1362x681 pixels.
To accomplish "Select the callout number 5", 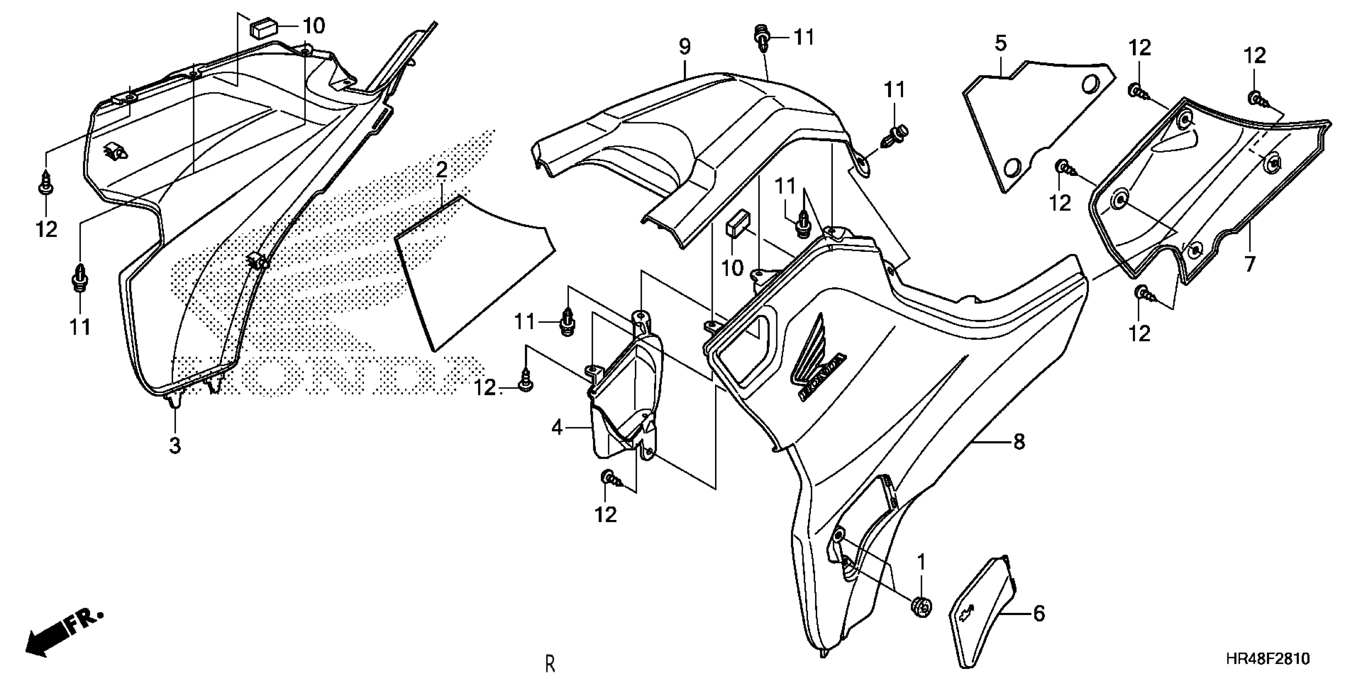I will point(1001,43).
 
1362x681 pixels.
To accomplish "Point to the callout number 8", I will point(1019,441).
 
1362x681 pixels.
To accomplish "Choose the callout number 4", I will point(557,427).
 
